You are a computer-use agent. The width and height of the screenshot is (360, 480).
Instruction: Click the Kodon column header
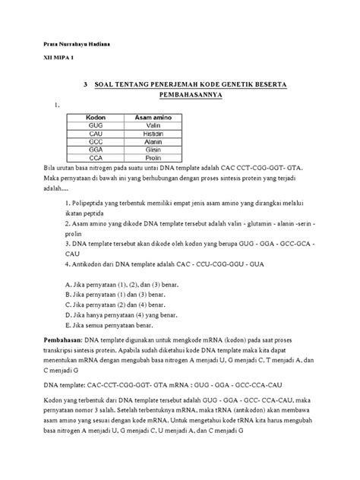pos(96,117)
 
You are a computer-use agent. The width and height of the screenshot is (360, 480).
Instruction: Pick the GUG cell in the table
pos(96,125)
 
